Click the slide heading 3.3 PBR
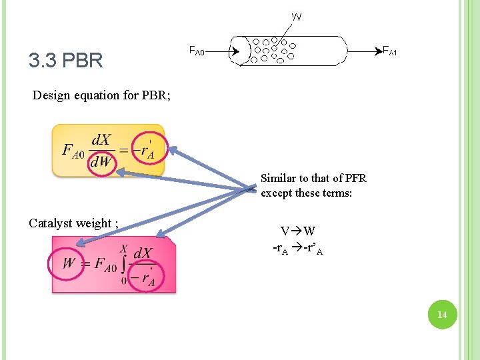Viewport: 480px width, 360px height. [x=65, y=61]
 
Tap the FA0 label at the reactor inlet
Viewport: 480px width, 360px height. [x=196, y=51]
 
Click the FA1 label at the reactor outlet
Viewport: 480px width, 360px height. [x=390, y=51]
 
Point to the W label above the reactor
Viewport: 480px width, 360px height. [x=297, y=16]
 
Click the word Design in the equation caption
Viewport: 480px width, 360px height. [x=53, y=95]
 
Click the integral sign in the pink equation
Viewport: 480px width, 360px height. [x=124, y=263]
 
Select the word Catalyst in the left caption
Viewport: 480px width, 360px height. [x=50, y=223]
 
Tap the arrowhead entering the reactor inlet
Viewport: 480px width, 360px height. [x=235, y=51]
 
